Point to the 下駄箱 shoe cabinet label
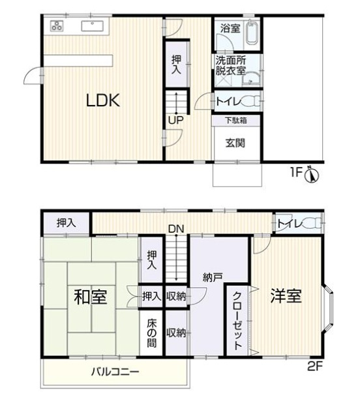click(x=236, y=120)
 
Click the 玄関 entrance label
click(x=236, y=143)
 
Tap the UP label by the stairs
click(x=175, y=120)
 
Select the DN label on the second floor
click(x=175, y=229)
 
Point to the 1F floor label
click(x=297, y=173)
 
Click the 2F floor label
click(x=316, y=366)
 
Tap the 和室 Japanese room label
click(x=91, y=297)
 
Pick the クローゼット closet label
click(x=236, y=319)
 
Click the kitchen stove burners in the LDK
click(x=57, y=27)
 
